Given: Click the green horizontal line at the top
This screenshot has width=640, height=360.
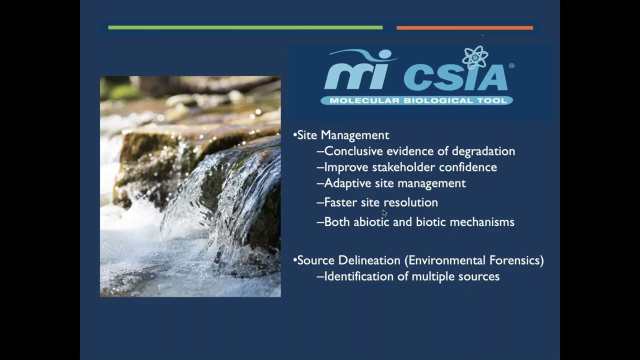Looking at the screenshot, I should tap(245, 27).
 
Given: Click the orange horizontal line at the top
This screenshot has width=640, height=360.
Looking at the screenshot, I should tap(464, 28).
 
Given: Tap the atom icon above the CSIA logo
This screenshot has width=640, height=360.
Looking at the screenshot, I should tap(474, 57).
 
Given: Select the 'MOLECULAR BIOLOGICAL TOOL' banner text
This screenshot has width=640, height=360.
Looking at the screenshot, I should tap(416, 100).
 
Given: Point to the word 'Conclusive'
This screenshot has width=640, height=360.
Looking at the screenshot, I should tap(354, 151).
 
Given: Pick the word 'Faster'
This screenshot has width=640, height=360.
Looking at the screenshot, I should tap(340, 202).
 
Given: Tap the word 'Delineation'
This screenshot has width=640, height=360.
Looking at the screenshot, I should tap(369, 260).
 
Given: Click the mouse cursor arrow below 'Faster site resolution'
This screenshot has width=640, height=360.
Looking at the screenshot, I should tap(384, 213).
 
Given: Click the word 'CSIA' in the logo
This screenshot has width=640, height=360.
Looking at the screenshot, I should tap(455, 76).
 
